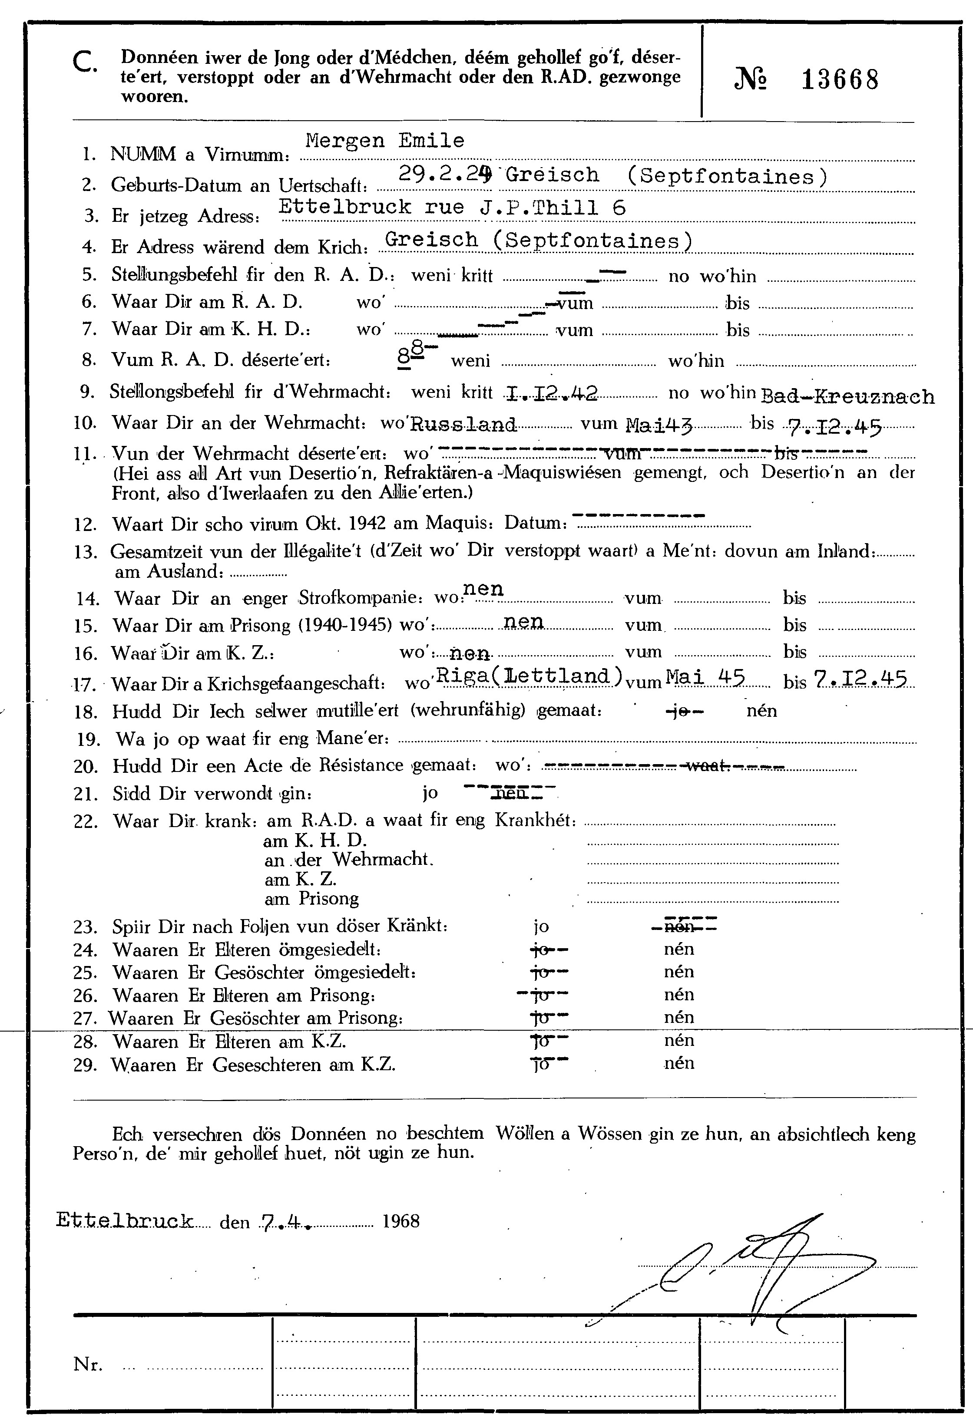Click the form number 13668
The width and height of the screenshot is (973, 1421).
pyautogui.click(x=840, y=79)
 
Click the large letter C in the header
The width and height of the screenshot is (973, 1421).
pyautogui.click(x=84, y=63)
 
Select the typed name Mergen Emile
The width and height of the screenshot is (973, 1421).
pyautogui.click(x=385, y=141)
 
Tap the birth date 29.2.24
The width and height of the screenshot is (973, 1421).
pyautogui.click(x=445, y=175)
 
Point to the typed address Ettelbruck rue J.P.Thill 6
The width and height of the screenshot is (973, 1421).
pyautogui.click(x=452, y=207)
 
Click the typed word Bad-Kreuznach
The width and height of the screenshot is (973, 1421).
pyautogui.click(x=847, y=397)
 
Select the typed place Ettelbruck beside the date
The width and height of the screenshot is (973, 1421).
pyautogui.click(x=125, y=1220)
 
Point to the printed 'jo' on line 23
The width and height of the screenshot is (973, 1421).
pyautogui.click(x=541, y=926)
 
